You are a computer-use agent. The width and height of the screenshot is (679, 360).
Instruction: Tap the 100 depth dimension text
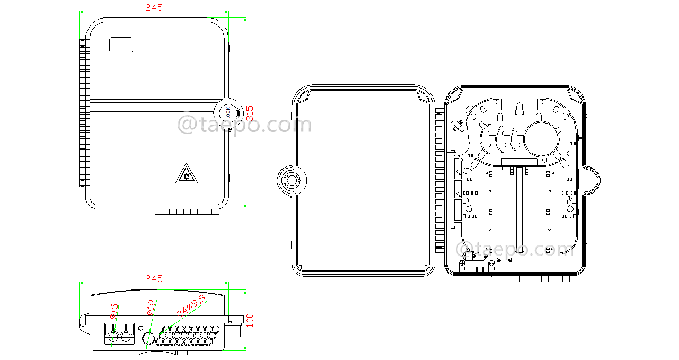pos(250,320)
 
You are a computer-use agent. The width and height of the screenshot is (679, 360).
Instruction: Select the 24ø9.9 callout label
pos(191,308)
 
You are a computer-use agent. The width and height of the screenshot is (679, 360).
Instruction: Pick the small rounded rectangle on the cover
pos(121,45)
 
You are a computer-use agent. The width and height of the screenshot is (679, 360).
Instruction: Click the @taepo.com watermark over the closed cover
pos(245,125)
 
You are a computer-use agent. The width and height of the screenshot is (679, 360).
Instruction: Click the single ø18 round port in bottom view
pos(149,338)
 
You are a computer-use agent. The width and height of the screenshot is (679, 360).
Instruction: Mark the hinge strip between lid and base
pos(439,180)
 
